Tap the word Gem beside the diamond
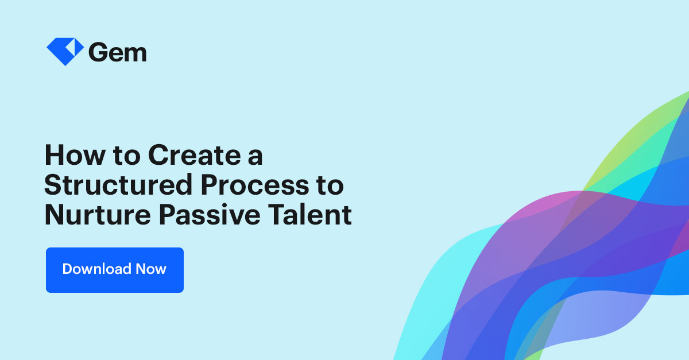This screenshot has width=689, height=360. (x=118, y=52)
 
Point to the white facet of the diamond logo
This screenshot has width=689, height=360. (x=72, y=47)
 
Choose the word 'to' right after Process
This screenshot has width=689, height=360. (x=332, y=186)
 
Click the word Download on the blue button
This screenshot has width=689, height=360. (x=96, y=269)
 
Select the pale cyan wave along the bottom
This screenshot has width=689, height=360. (x=425, y=322)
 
